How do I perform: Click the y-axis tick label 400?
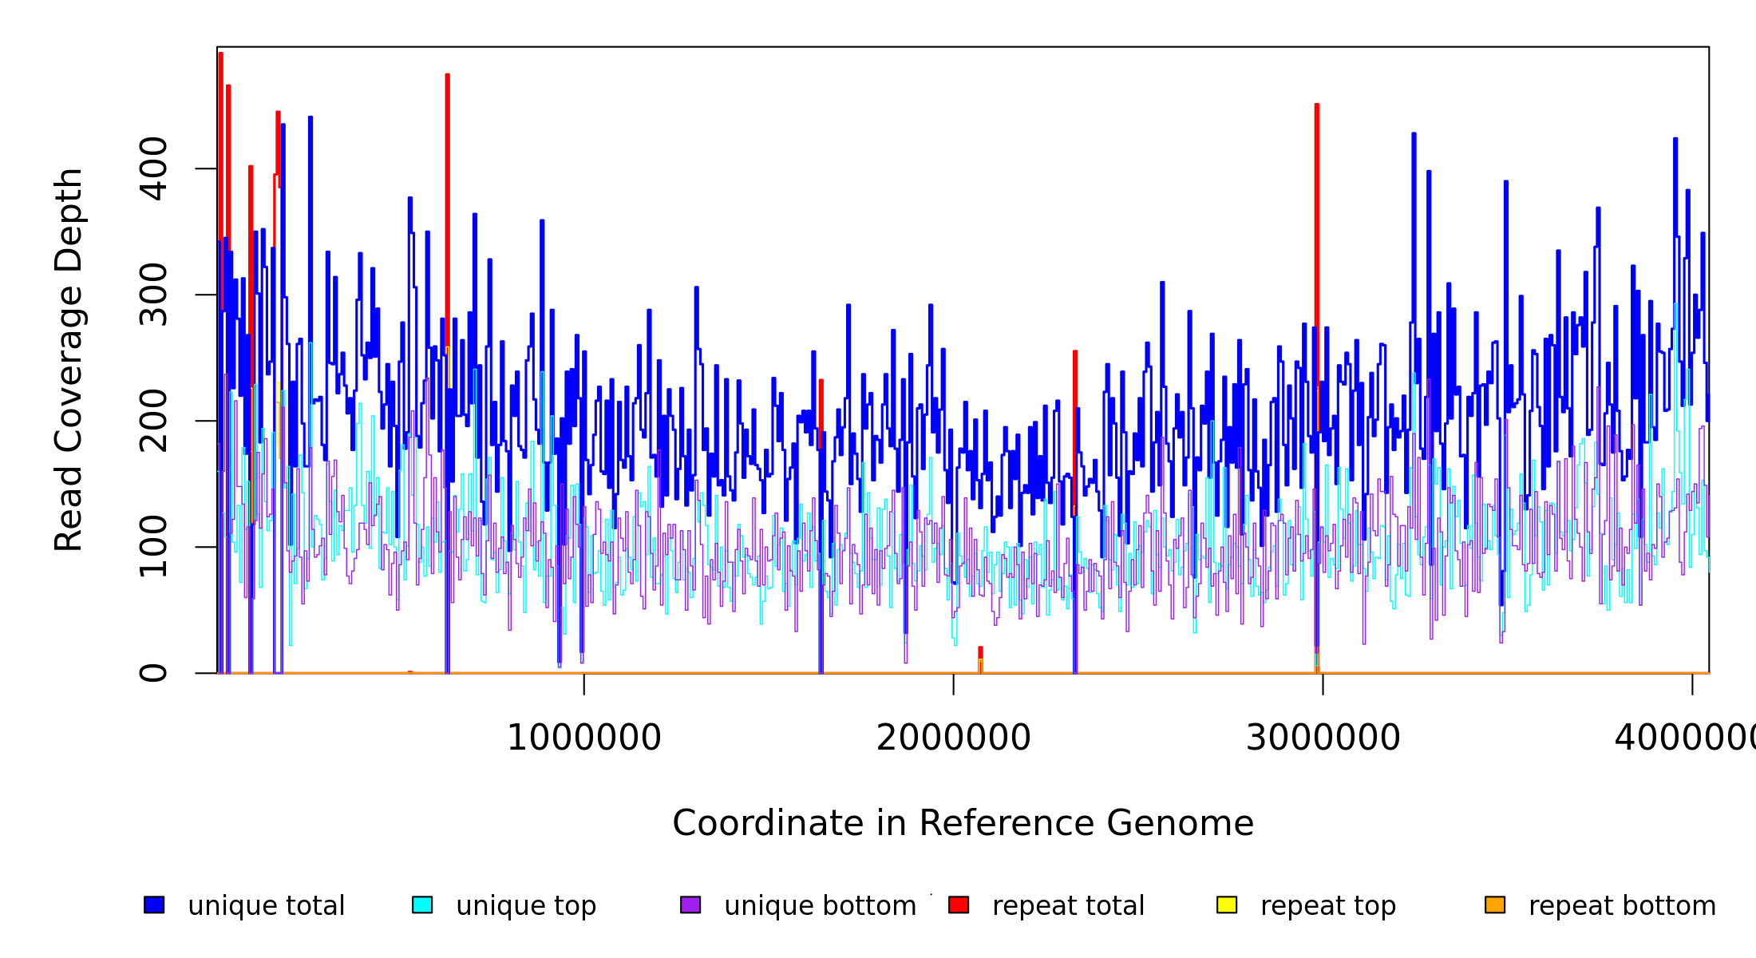pos(153,168)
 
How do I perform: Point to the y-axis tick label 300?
pos(153,295)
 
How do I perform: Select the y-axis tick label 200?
pos(153,421)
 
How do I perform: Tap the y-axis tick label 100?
pos(153,547)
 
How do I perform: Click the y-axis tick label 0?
pos(153,673)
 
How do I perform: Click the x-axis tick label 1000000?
pos(584,738)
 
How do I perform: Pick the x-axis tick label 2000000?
pos(954,738)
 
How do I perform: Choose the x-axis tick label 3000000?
pos(1323,738)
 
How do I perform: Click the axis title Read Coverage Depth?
pos(69,359)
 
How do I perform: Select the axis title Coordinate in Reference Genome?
pos(963,823)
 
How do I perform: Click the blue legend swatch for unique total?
pos(154,905)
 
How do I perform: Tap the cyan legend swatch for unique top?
pos(422,905)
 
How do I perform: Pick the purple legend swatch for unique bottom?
pos(690,905)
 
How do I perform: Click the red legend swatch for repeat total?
pos(959,905)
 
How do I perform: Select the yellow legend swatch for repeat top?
pos(1227,905)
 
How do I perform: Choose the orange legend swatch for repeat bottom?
pos(1495,905)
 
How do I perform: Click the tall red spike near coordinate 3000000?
pos(1317,239)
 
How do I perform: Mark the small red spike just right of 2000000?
pos(980,653)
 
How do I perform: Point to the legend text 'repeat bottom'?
pos(1622,906)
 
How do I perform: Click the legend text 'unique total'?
pos(267,906)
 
